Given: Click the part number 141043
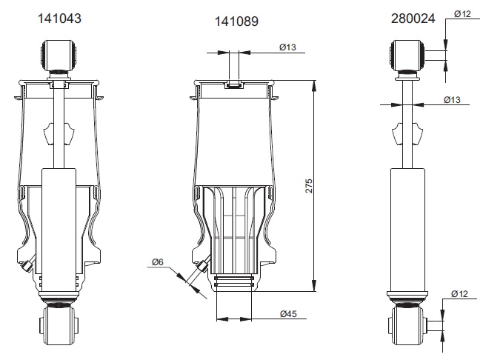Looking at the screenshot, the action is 59,19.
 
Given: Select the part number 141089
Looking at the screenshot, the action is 236,21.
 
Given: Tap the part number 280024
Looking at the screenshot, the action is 413,19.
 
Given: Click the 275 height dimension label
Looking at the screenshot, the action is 309,186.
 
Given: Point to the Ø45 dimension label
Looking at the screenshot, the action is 288,314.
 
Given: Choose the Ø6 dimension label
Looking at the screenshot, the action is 157,262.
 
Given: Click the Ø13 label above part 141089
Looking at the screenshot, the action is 287,47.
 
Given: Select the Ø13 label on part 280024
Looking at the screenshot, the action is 452,100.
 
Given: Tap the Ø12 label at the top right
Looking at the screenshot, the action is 462,14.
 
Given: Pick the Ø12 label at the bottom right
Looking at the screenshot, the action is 459,294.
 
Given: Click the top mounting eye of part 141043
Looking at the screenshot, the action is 59,55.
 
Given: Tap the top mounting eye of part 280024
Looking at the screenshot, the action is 407,55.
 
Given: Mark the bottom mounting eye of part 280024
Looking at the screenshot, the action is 407,324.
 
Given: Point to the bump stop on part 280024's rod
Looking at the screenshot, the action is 407,134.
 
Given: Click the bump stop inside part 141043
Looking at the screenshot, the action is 59,133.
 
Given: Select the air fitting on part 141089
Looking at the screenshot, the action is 202,266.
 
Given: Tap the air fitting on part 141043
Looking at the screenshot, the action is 26,266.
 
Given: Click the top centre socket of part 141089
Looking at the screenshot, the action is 234,84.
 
